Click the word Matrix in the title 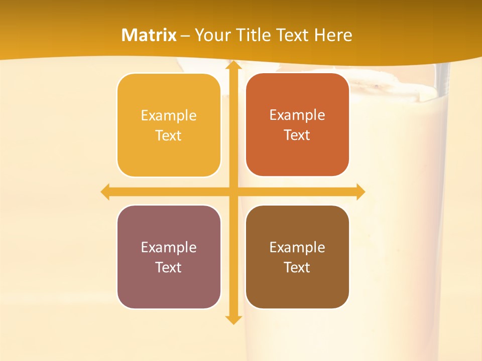click(x=149, y=35)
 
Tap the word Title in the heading click(x=255, y=35)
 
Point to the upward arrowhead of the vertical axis click(x=233, y=65)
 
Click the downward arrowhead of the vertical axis click(x=233, y=319)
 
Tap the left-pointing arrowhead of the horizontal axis click(x=105, y=192)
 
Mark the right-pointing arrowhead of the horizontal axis click(x=360, y=192)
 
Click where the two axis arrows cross click(x=233, y=192)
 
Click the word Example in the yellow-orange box click(x=169, y=116)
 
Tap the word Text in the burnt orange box click(x=297, y=135)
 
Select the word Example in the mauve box click(x=169, y=247)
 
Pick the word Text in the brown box click(x=297, y=267)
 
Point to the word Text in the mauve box click(x=169, y=267)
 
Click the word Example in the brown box click(x=297, y=247)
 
